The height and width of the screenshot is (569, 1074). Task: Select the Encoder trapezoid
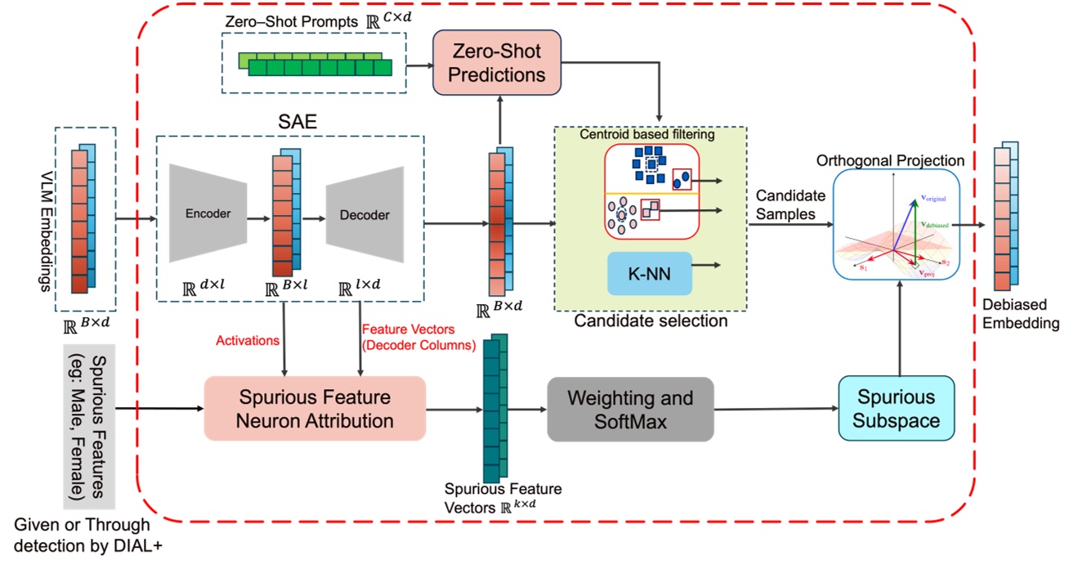tap(208, 214)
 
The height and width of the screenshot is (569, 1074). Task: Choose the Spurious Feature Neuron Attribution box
tap(315, 409)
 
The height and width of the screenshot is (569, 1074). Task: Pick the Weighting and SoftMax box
tap(630, 410)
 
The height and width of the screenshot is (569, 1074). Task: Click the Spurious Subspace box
tap(896, 410)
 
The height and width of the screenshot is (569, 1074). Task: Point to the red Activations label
tap(247, 339)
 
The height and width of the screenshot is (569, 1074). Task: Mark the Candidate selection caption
tap(650, 321)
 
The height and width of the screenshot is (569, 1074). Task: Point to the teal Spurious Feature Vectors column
tap(491, 409)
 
